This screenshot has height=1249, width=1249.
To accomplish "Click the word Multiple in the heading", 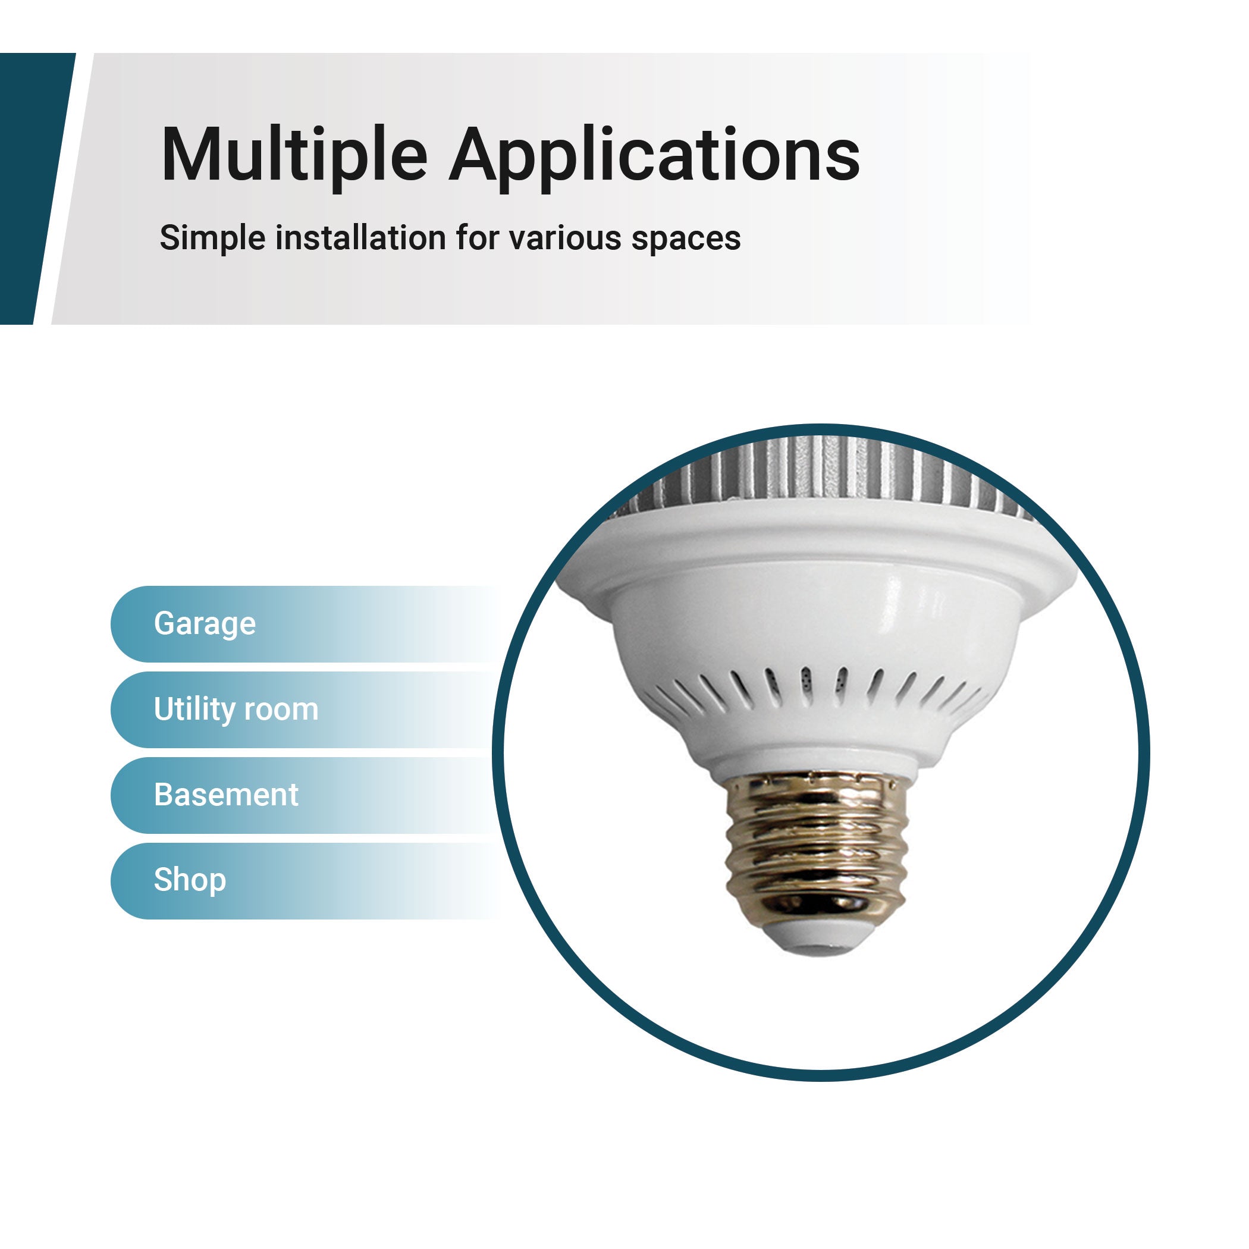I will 294,156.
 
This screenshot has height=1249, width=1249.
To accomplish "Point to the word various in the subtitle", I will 564,238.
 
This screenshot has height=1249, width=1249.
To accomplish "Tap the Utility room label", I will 236,710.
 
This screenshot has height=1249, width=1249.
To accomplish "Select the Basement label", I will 225,795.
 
